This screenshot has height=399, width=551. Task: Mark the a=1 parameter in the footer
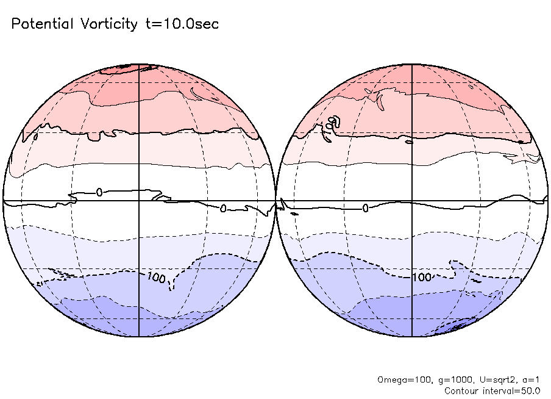point(529,379)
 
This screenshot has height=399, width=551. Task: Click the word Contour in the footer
point(463,390)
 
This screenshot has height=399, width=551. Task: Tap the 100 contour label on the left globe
point(156,278)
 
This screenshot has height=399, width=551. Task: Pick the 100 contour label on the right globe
point(422,278)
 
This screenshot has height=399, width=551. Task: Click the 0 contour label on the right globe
point(366,208)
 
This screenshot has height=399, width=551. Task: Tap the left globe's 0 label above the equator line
point(99,192)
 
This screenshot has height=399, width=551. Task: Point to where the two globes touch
point(276,201)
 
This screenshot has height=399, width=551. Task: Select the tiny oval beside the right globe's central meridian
point(409,143)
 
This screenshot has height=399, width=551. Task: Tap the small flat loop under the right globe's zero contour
point(294,214)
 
